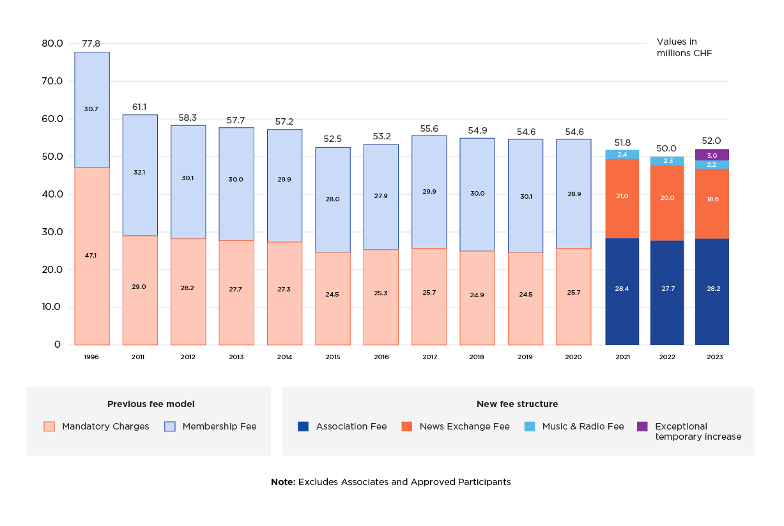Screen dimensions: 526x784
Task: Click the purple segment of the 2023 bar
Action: tap(712, 155)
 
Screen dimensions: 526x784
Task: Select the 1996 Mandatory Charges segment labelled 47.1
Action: tap(91, 256)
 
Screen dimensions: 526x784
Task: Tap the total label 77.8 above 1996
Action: tap(91, 44)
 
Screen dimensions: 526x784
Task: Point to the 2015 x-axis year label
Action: tap(332, 357)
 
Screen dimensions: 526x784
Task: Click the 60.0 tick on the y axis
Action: tap(52, 119)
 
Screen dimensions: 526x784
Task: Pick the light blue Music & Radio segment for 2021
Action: tap(622, 154)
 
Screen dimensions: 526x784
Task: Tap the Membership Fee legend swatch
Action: tap(170, 426)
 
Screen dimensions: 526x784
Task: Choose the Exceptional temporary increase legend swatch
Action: tap(642, 426)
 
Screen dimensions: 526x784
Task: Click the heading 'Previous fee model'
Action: tap(151, 404)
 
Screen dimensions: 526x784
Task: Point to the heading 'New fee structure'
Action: tap(517, 404)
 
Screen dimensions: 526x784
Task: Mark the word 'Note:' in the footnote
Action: tap(283, 482)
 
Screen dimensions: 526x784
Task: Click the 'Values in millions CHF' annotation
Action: tap(684, 48)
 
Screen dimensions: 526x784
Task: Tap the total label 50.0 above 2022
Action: tap(667, 148)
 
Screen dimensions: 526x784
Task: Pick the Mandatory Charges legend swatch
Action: tap(49, 426)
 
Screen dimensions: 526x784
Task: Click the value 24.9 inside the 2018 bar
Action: tap(477, 295)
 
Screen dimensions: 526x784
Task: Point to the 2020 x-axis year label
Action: tap(573, 357)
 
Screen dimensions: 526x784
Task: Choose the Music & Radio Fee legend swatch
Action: tap(530, 426)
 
